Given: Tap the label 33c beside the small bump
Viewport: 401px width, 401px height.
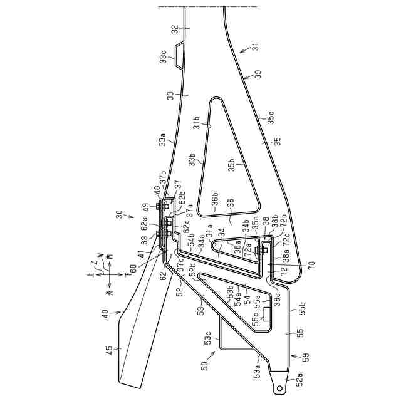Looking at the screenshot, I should [163, 59].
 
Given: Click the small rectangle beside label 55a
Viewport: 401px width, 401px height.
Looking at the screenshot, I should [268, 314].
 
